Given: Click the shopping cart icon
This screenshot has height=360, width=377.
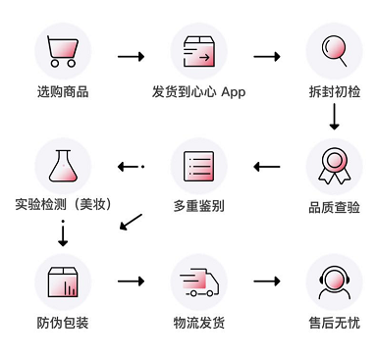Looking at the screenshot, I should [x=63, y=50].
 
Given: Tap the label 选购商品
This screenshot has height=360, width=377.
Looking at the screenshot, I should [x=63, y=93].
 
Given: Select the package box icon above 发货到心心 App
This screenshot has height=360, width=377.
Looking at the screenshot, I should [x=198, y=50].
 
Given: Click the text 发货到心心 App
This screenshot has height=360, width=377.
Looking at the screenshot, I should [x=198, y=93].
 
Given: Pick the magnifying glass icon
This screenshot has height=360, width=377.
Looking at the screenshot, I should [x=334, y=50].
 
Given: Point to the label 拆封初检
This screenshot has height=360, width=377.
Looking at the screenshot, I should [x=334, y=93].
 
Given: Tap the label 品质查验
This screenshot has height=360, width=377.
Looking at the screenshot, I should [x=334, y=207].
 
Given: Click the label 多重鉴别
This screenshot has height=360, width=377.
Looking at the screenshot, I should [x=198, y=207].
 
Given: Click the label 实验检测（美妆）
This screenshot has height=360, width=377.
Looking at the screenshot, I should [x=63, y=205].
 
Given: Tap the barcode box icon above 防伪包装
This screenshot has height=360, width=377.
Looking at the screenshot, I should [x=63, y=282].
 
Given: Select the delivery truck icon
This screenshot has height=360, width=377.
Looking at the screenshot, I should [x=198, y=282].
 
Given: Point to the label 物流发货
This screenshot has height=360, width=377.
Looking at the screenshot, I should [x=198, y=323].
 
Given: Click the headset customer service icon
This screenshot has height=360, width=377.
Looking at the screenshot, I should [x=334, y=282].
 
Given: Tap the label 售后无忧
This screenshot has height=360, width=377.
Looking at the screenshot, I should [x=334, y=323].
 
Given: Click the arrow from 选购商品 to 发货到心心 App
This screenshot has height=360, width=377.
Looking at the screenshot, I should [x=131, y=57].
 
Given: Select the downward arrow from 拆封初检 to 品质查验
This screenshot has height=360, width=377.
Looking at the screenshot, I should [x=334, y=118].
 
